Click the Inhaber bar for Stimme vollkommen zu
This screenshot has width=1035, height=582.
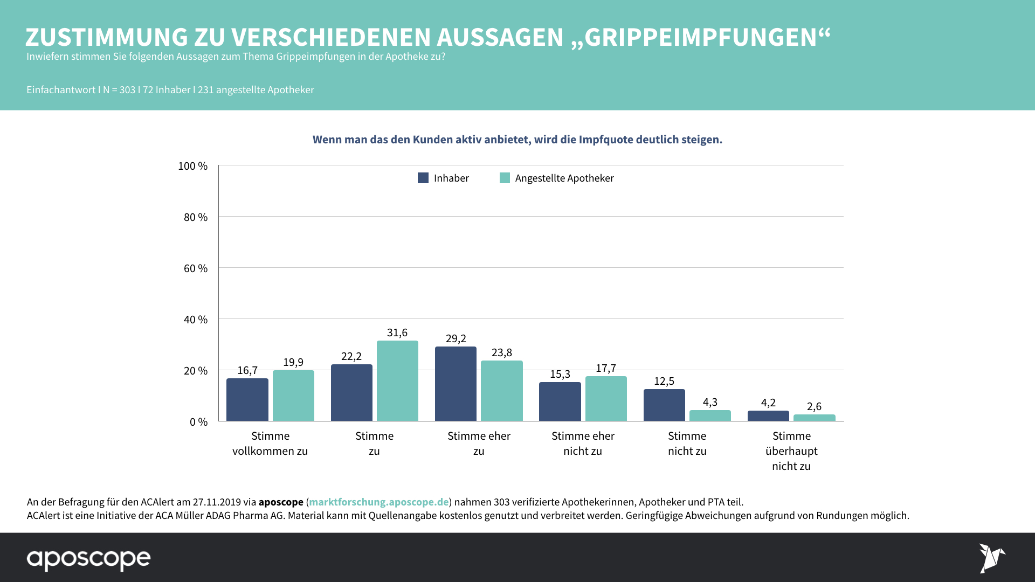tap(247, 400)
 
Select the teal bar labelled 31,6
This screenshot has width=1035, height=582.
tap(397, 381)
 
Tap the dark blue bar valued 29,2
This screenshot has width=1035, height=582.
tap(456, 384)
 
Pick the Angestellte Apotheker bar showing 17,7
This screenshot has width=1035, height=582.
tap(606, 399)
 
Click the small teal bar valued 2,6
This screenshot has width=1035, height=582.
tap(814, 418)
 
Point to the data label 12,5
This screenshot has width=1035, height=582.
tap(664, 381)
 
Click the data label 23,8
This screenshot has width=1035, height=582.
tap(502, 352)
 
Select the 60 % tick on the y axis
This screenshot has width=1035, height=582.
tap(196, 268)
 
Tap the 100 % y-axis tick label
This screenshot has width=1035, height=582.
tap(193, 166)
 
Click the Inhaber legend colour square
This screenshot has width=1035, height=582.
tap(423, 178)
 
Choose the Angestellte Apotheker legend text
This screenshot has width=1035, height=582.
tap(564, 178)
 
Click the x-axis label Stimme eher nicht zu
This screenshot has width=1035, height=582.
tap(583, 444)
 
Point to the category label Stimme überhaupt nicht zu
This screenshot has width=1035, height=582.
tap(791, 451)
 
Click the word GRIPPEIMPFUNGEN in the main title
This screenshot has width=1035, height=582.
tap(701, 38)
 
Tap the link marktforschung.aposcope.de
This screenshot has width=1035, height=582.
tap(378, 502)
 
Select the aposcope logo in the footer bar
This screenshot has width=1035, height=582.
tap(89, 559)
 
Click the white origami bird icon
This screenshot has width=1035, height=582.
tap(992, 558)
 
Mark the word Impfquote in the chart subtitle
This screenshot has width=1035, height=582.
tap(606, 140)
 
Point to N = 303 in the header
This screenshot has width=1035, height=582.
tap(119, 90)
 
